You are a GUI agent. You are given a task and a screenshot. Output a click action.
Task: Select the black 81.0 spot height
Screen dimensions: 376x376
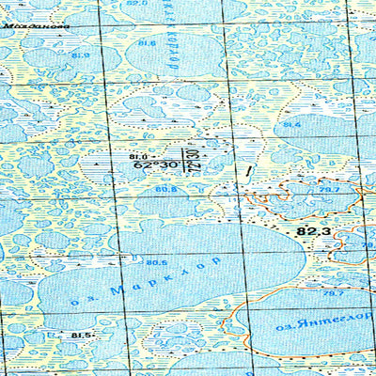point(139,155)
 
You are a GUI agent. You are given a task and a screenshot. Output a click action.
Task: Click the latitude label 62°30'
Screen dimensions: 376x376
point(158,164)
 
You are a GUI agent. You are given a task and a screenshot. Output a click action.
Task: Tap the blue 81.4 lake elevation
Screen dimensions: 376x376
point(291,125)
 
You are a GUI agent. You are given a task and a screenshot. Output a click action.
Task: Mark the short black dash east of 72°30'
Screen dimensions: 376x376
point(247,171)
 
